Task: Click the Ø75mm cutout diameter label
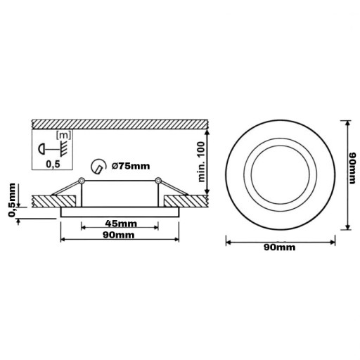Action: tap(131, 166)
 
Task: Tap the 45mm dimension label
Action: tap(121, 224)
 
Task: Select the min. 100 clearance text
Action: tap(201, 162)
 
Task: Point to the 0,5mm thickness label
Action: tap(12, 200)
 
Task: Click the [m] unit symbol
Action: tap(63, 135)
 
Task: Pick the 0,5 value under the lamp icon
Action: tap(53, 165)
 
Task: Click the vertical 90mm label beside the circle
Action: tap(352, 168)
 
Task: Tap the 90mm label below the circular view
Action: tap(279, 247)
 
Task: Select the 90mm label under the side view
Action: tap(119, 235)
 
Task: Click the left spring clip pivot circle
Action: tap(82, 181)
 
